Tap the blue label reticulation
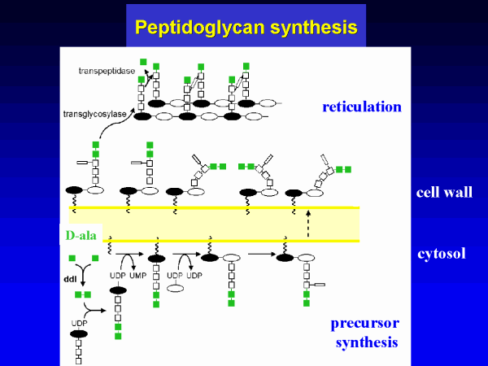[361, 107]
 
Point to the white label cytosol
[442, 253]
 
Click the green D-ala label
[81, 236]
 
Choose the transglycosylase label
[94, 114]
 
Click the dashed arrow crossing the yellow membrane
[307, 224]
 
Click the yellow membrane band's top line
[244, 208]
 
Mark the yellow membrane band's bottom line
[244, 241]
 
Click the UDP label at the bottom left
[79, 323]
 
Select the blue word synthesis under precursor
[367, 342]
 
